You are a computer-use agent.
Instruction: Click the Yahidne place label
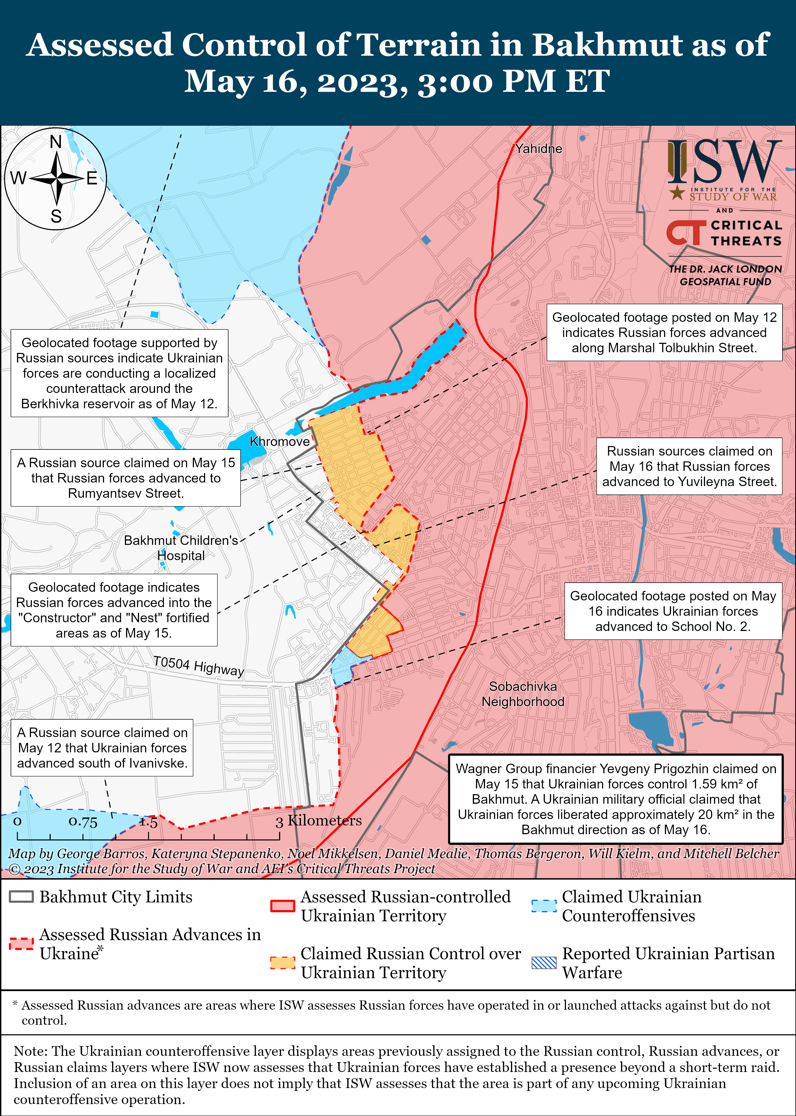538,149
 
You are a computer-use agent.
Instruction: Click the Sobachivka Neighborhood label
523,694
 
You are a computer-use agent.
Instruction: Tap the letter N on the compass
56,142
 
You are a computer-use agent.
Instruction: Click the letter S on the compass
56,216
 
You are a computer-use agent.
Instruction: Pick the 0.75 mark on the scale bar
83,822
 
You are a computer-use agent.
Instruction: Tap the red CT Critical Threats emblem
686,232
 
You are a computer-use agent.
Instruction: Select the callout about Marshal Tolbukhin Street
664,333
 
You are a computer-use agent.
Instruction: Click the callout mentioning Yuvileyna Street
689,466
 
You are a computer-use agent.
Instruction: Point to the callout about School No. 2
673,611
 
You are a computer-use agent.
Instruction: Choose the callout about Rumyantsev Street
126,478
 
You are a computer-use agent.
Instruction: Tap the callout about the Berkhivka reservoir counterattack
120,373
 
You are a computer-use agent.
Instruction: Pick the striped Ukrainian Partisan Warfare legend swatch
544,963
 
